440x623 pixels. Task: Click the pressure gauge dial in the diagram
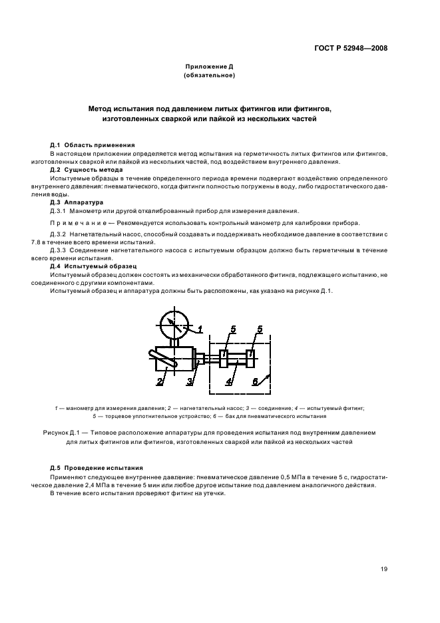point(174,323)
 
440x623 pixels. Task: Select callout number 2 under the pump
point(160,381)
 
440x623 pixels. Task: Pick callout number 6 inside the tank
point(255,381)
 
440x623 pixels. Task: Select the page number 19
point(384,568)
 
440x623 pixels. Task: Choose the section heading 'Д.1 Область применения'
point(93,145)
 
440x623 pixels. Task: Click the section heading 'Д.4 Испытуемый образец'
point(93,266)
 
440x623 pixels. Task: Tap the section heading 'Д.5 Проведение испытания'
point(97,468)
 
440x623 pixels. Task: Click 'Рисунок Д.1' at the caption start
point(62,433)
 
